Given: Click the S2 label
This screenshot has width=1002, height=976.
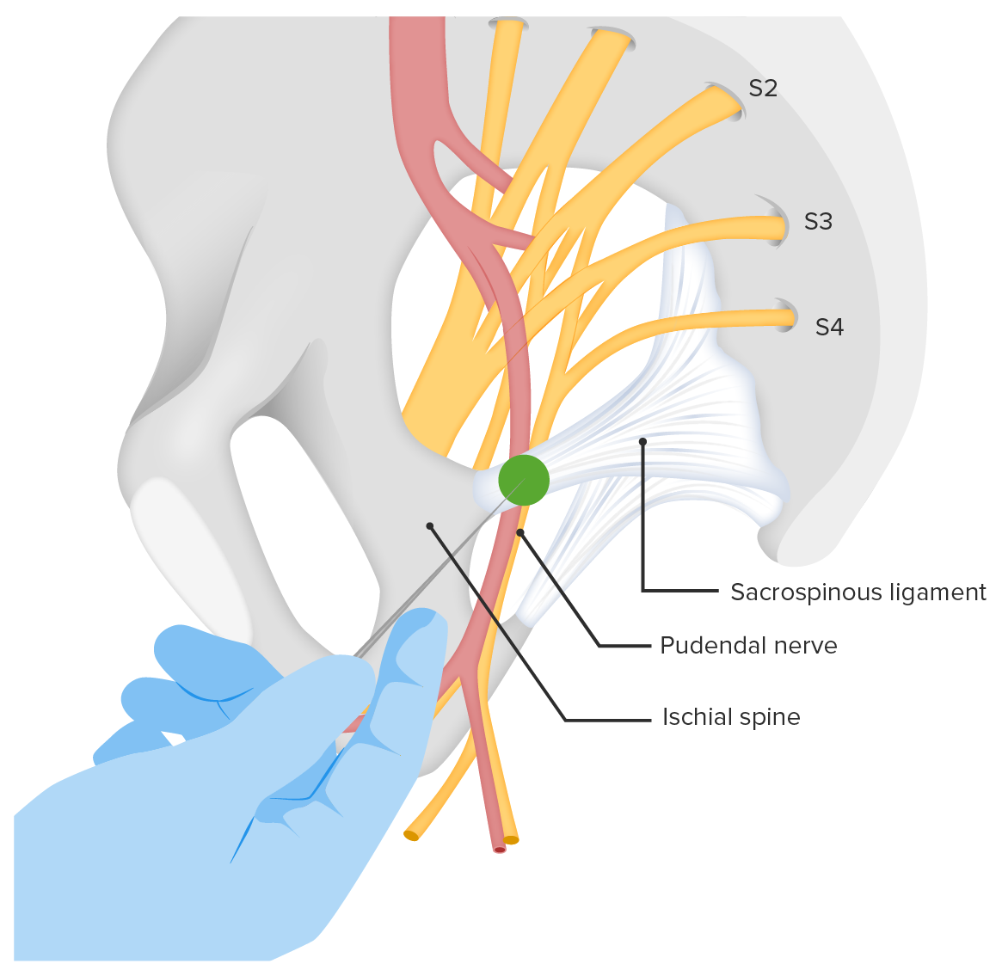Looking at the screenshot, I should coord(763,89).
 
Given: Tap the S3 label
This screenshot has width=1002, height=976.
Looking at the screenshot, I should coord(818,222).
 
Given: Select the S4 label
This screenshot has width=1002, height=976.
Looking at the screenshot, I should coord(829,327).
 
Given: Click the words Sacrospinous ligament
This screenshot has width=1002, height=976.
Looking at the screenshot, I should coord(858,592).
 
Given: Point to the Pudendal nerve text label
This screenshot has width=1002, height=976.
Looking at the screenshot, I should coord(748,646).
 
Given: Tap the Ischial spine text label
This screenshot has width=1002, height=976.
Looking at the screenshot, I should coord(731,717).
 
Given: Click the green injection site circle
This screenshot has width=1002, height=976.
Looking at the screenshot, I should coord(523,480).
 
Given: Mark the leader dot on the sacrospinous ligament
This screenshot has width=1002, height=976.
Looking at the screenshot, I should coord(642,442).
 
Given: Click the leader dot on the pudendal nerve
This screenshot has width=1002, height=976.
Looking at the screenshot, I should coord(520,533).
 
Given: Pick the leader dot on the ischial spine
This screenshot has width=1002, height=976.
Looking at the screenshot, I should coord(430,525).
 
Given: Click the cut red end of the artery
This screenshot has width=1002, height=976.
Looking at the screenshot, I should coord(500,849).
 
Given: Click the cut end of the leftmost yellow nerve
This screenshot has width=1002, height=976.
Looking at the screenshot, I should coord(411,834).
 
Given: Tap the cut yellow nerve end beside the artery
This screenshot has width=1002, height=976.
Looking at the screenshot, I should coord(512,839).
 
